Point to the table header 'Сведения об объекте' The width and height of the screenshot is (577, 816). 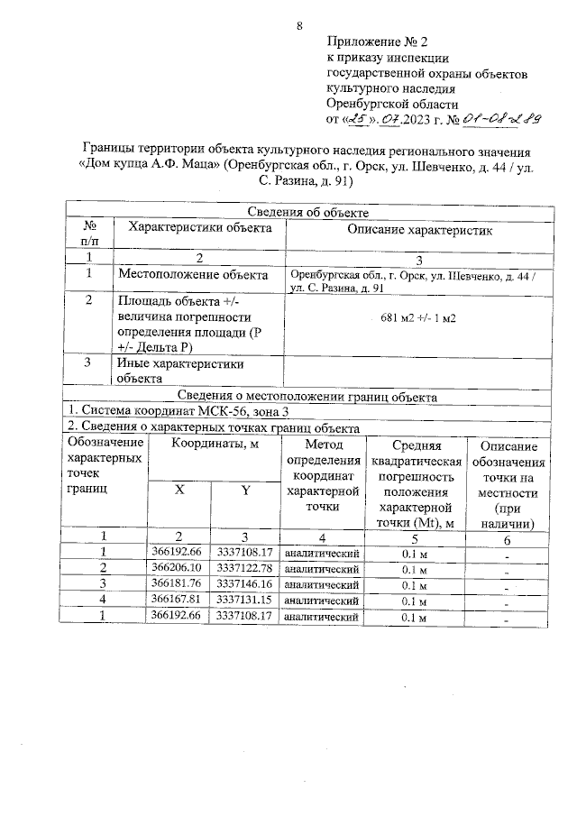point(309,211)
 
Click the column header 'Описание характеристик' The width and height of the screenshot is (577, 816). point(419,229)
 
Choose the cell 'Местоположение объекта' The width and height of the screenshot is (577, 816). point(192,274)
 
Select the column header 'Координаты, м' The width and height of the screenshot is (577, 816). point(214,445)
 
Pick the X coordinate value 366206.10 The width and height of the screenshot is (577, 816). point(179,567)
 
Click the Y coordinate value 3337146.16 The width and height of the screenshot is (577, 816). point(245,583)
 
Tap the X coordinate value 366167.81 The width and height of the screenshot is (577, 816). point(179,600)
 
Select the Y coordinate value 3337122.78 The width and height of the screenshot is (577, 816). point(245,567)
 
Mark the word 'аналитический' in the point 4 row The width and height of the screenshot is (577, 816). point(323,601)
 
